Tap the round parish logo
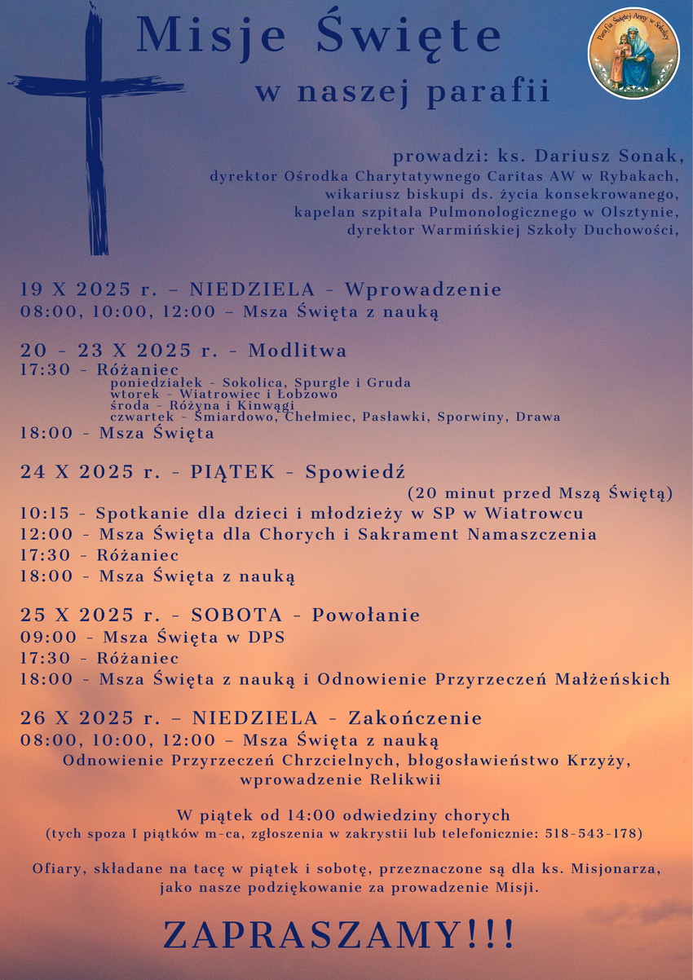(633, 54)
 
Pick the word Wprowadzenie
(422, 289)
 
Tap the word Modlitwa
(298, 351)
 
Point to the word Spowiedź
(355, 473)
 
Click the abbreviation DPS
(268, 637)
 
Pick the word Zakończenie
(415, 718)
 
